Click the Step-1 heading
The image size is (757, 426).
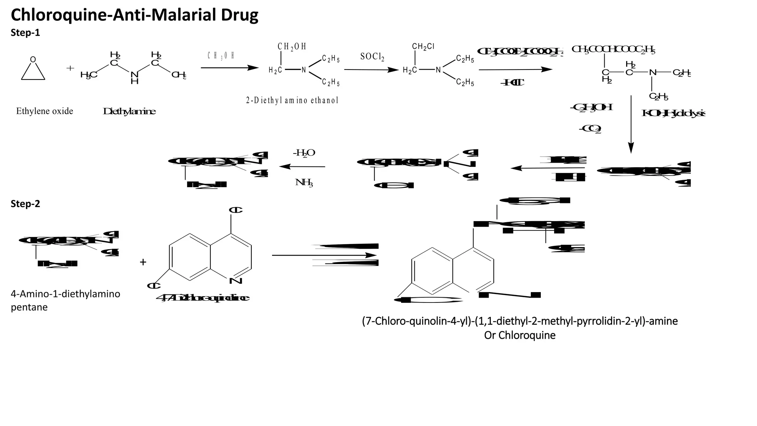coord(25,33)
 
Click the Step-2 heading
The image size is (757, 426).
coord(25,204)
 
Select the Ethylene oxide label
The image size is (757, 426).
coord(44,111)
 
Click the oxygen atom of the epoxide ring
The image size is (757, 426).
coord(33,59)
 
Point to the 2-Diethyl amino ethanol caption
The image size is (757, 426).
coord(292,100)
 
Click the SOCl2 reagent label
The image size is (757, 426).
coord(372,57)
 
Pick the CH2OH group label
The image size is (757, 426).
coord(292,47)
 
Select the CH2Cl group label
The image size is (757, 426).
coord(423,47)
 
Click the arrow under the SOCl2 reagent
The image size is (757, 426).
coord(371,70)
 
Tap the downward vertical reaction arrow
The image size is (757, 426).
coord(631,124)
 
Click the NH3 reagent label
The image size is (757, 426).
coord(304,182)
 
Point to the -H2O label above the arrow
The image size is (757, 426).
coord(304,153)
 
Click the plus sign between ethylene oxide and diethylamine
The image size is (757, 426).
coord(70,68)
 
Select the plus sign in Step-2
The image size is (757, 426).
coord(143,262)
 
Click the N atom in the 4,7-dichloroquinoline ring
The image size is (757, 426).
coord(235,281)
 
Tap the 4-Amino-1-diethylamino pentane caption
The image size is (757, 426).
coord(65,300)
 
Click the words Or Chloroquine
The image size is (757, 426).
coord(520,335)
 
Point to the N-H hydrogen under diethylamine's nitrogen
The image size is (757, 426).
coord(135,82)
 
